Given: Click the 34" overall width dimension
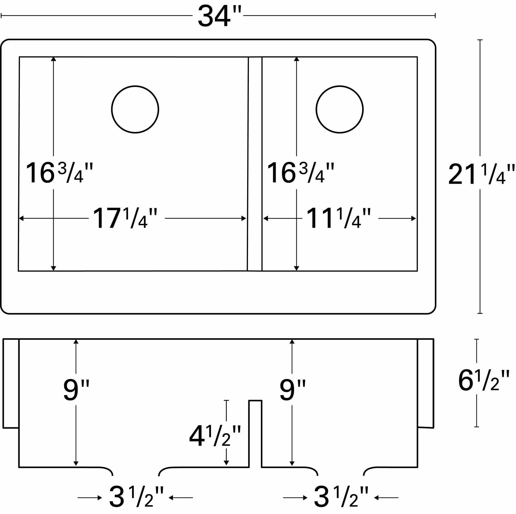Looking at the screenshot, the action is (x=219, y=16).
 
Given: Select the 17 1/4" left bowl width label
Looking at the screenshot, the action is (x=125, y=218).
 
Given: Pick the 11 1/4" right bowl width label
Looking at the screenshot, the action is (x=338, y=218).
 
